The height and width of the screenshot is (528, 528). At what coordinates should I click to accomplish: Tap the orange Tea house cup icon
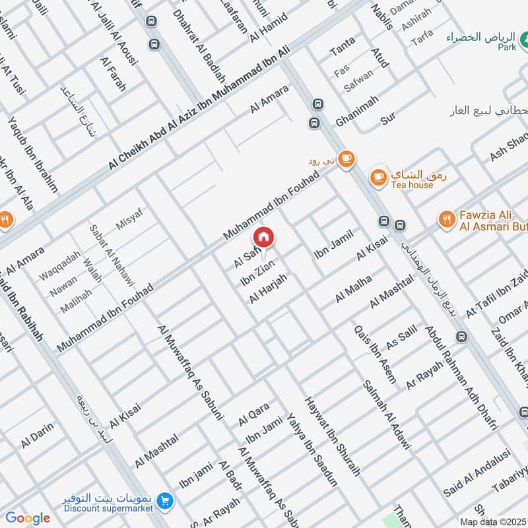pyautogui.click(x=378, y=176)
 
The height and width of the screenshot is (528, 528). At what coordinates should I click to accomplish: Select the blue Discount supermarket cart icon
pyautogui.click(x=164, y=503)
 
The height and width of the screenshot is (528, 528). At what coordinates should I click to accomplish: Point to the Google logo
pyautogui.click(x=28, y=518)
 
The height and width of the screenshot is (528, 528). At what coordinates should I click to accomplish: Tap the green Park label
pyautogui.click(x=506, y=48)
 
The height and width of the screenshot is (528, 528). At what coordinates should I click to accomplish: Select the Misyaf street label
pyautogui.click(x=129, y=218)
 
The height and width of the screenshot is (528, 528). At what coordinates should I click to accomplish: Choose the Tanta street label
pyautogui.click(x=342, y=46)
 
